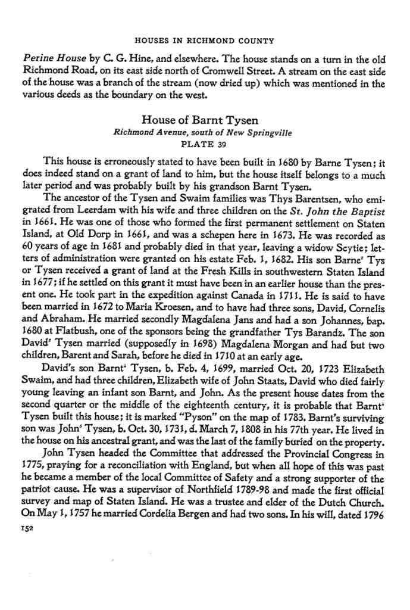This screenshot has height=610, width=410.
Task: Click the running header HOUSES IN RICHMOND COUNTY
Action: (x=205, y=41)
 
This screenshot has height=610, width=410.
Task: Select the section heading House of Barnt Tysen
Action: (x=204, y=121)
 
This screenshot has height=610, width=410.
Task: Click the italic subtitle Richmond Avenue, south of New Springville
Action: (x=204, y=132)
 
